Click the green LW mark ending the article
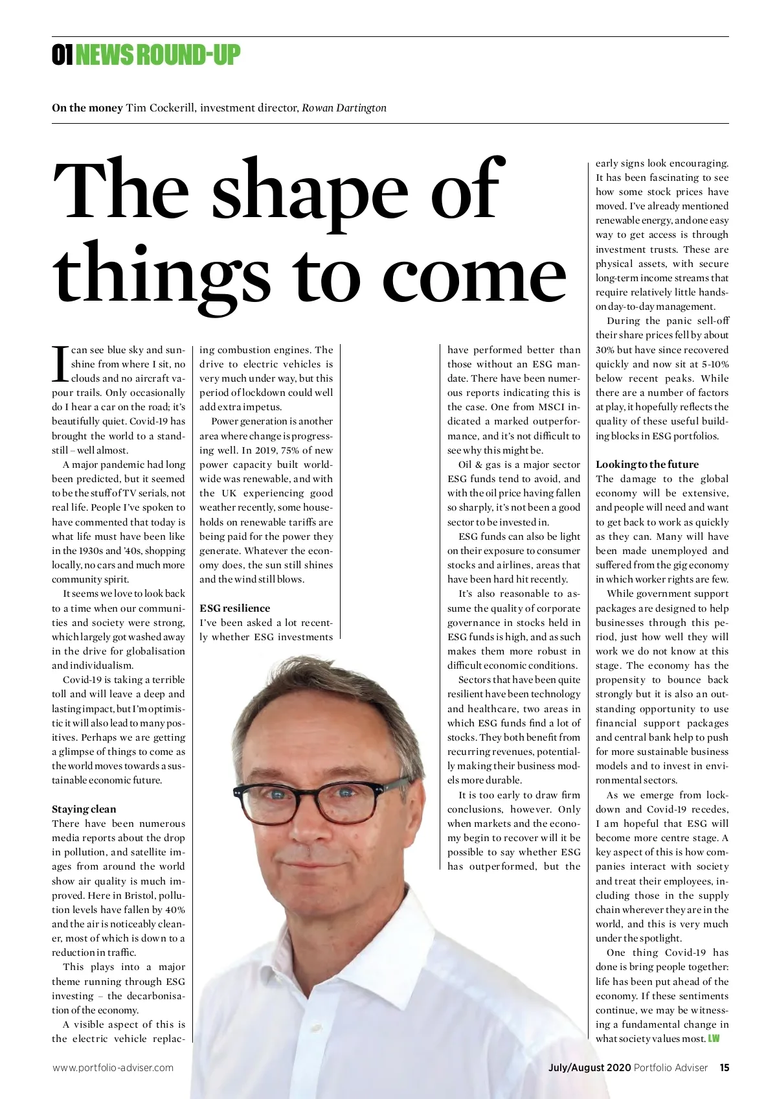[714, 1039]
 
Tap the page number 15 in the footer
[724, 1068]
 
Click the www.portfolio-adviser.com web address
[113, 1068]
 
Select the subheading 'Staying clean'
[84, 809]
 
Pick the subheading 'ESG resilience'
[234, 608]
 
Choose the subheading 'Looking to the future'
[647, 464]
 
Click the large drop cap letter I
[60, 364]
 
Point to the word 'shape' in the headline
[310, 191]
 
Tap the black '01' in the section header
[62, 56]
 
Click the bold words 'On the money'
[87, 108]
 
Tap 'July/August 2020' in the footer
[589, 1068]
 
